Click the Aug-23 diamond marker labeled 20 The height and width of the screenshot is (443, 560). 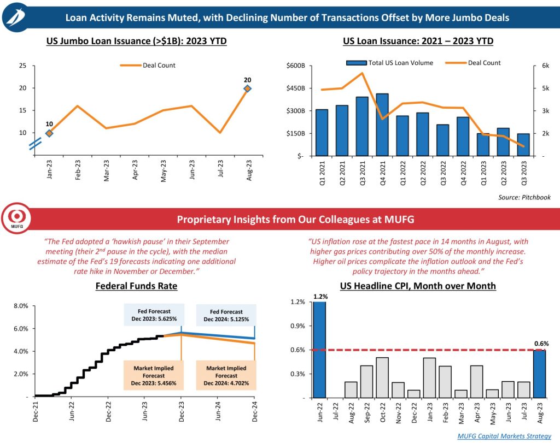pyautogui.click(x=247, y=88)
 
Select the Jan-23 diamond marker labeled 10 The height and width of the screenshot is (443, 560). pyautogui.click(x=49, y=133)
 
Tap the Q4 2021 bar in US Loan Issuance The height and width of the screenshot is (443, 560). pyautogui.click(x=382, y=125)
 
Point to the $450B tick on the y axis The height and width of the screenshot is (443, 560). pyautogui.click(x=297, y=88)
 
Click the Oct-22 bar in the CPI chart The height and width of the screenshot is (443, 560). pyautogui.click(x=382, y=377)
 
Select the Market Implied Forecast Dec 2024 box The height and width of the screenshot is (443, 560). pyautogui.click(x=226, y=376)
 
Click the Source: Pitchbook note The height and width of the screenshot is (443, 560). pyautogui.click(x=524, y=197)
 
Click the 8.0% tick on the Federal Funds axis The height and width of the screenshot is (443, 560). pyautogui.click(x=20, y=306)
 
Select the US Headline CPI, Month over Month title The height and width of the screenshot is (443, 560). pyautogui.click(x=417, y=286)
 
